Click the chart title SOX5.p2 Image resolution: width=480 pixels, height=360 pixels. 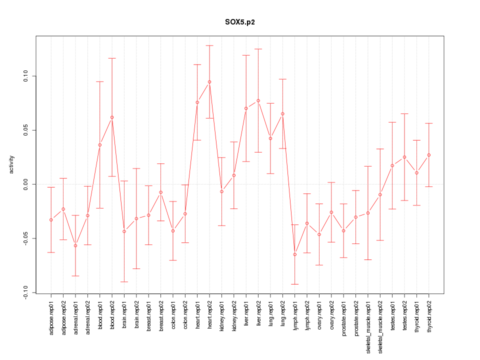(240, 23)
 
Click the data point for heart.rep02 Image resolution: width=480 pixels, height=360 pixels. (209, 82)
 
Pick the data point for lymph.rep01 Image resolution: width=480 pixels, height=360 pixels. (295, 254)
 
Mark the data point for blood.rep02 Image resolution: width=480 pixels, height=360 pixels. (112, 117)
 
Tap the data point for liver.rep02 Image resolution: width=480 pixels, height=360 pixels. (258, 100)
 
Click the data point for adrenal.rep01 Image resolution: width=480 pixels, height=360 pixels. (75, 245)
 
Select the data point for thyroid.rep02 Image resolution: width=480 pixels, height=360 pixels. (429, 155)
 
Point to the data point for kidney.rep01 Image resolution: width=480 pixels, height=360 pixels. (221, 191)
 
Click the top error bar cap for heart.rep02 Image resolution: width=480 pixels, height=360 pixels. (209, 45)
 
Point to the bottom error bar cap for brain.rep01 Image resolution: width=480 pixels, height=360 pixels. (124, 282)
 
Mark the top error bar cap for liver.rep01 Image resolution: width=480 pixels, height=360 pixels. (246, 55)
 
